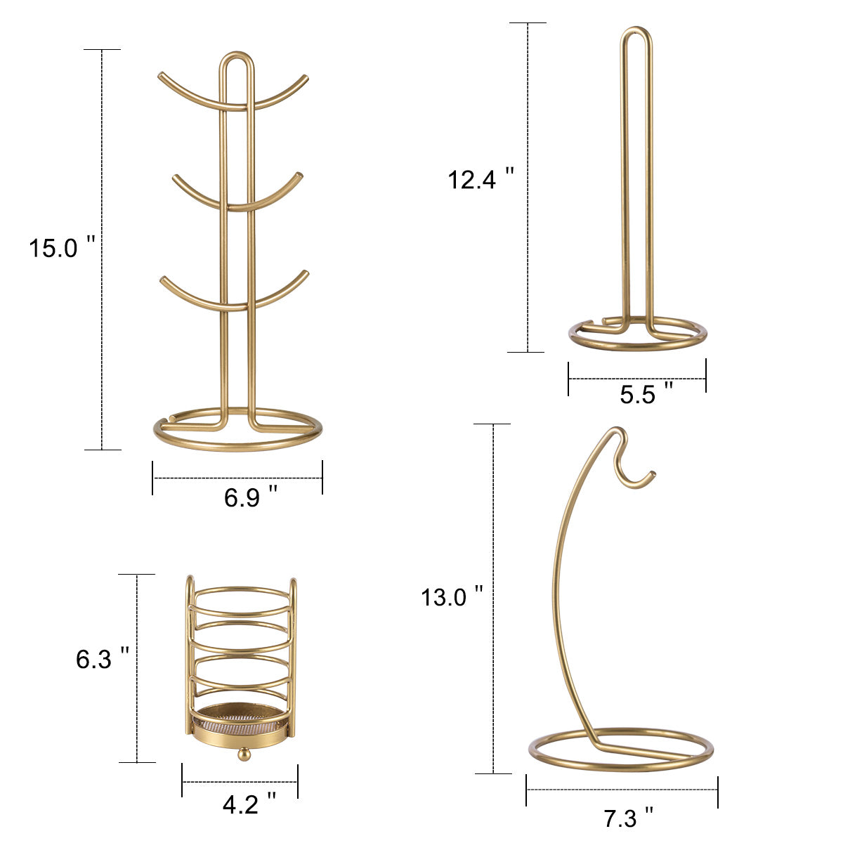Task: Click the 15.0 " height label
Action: [62, 247]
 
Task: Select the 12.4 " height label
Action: [481, 178]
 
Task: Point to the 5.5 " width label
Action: [646, 393]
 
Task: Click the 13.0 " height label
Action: [452, 596]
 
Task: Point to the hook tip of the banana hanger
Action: [652, 473]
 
